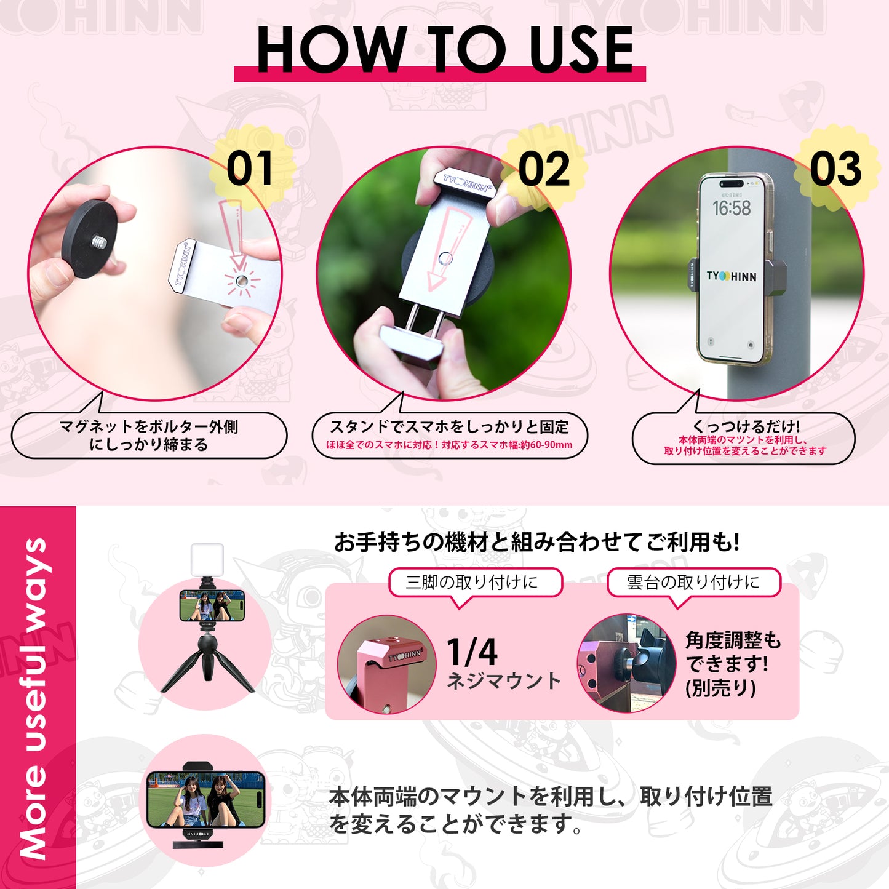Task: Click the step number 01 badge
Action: point(250,169)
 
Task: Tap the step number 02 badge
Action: point(544,170)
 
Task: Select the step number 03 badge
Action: point(835,169)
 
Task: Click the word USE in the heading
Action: point(581,49)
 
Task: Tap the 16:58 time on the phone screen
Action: point(732,209)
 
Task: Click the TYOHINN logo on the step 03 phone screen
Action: point(732,276)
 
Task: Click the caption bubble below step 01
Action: point(148,436)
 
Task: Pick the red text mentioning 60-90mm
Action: point(449,445)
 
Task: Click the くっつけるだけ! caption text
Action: point(746,426)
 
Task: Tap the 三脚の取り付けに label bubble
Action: point(475,582)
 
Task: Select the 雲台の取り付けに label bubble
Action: point(693,582)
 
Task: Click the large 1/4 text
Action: point(472,652)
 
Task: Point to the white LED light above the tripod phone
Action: point(207,560)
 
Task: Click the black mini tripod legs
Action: point(207,668)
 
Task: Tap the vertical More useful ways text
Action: point(35,698)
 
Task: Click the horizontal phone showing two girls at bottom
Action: point(206,799)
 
